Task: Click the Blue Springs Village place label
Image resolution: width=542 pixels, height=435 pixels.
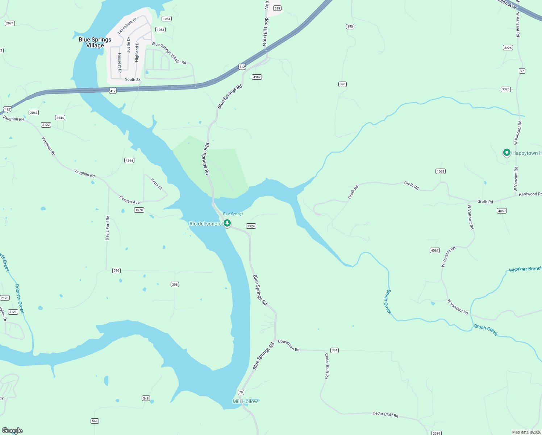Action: pos(95,42)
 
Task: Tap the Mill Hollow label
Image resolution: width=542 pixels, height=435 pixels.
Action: pos(245,401)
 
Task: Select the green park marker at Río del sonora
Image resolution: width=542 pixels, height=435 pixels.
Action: pos(227,223)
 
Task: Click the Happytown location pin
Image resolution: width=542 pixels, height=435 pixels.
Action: pos(507,153)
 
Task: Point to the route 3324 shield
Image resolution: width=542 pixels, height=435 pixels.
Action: pos(251,226)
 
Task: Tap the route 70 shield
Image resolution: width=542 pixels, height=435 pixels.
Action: pos(241,392)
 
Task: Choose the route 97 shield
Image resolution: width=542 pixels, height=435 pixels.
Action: pos(522,71)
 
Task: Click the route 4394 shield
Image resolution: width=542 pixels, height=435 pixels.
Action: pos(129,161)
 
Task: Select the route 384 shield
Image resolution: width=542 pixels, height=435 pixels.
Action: pos(334,350)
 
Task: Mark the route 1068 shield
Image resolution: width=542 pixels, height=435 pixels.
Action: pos(440,171)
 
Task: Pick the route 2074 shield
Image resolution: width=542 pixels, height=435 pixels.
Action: pos(10,23)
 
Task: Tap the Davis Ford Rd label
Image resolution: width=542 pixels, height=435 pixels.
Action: pos(107,228)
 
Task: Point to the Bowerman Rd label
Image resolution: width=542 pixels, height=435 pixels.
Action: pos(289,345)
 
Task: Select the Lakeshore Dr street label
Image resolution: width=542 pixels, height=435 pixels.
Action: pos(127,26)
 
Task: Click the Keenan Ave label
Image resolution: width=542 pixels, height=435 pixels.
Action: pos(129,200)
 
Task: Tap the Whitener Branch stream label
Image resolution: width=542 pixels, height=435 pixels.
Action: pos(525,269)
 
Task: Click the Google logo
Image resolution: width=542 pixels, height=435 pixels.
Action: pos(12,431)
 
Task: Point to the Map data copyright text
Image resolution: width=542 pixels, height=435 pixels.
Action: pos(526,432)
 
